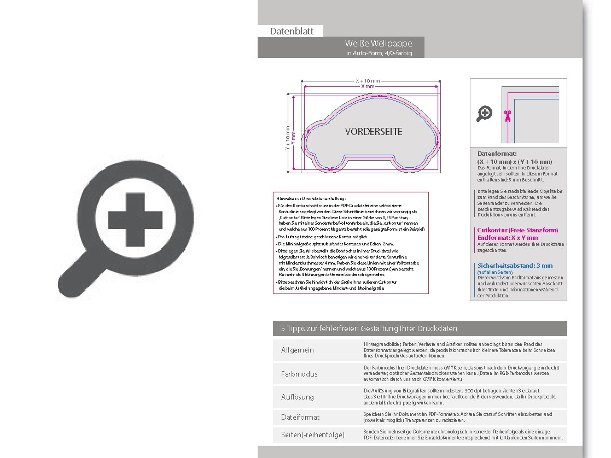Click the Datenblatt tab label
pos(292,31)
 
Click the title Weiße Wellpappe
pos(378,43)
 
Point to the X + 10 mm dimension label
pos(367,80)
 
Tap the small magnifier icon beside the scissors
pos(484,114)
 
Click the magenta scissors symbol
pos(508,115)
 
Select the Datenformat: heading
pos(497,154)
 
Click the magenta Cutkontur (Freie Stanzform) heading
pos(517,231)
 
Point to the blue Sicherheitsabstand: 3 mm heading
pos(515,266)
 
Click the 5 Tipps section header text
pos(369,328)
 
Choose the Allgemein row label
pos(298,350)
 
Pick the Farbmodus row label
pos(299,374)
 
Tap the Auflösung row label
pos(298,397)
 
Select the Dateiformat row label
pos(300,417)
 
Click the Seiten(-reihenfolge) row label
pos(312,435)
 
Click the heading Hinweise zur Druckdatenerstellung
pos(311,198)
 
